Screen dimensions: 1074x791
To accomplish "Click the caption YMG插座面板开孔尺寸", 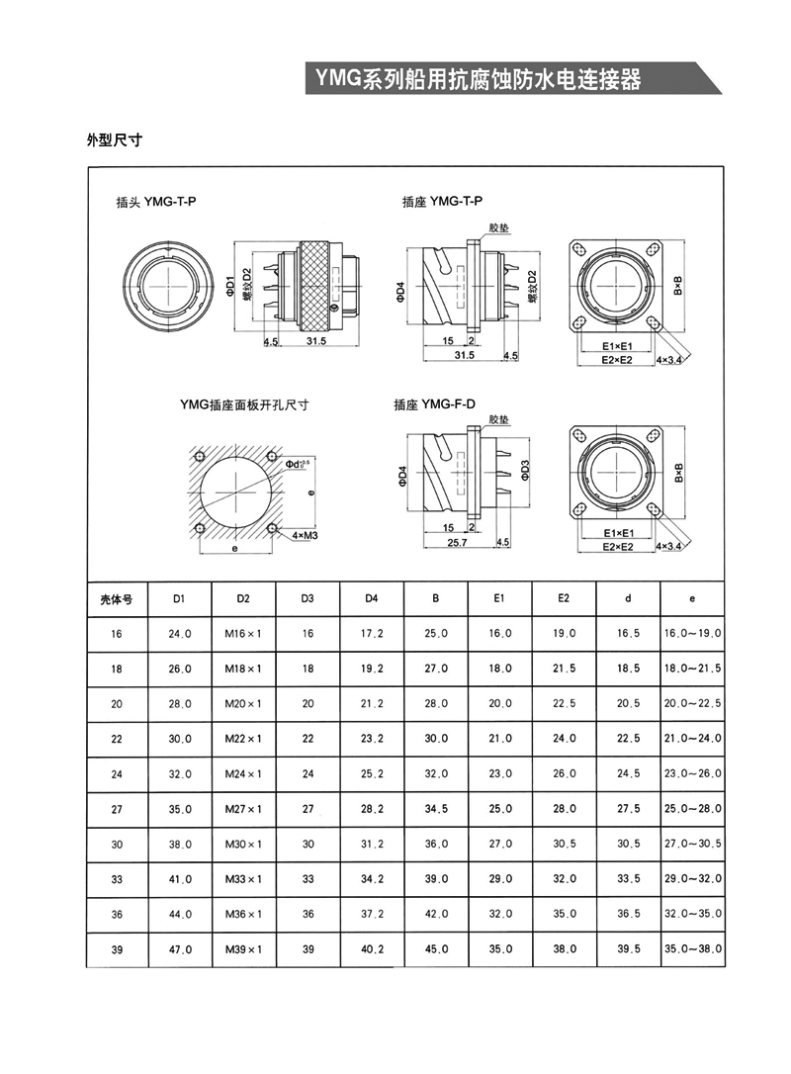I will pyautogui.click(x=244, y=404).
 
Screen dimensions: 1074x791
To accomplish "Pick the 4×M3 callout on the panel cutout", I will pyautogui.click(x=305, y=535).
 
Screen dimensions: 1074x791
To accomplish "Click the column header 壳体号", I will pyautogui.click(x=117, y=599).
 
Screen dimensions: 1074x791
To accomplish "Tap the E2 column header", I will pyautogui.click(x=564, y=599).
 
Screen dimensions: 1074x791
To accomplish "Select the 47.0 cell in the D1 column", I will pyautogui.click(x=180, y=949).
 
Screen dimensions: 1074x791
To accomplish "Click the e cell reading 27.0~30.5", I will pyautogui.click(x=692, y=845).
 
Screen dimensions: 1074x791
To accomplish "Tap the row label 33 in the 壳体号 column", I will pyautogui.click(x=117, y=879).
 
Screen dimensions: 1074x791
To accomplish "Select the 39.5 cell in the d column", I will pyautogui.click(x=628, y=949).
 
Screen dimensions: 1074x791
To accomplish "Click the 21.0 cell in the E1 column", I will pyautogui.click(x=500, y=739).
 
